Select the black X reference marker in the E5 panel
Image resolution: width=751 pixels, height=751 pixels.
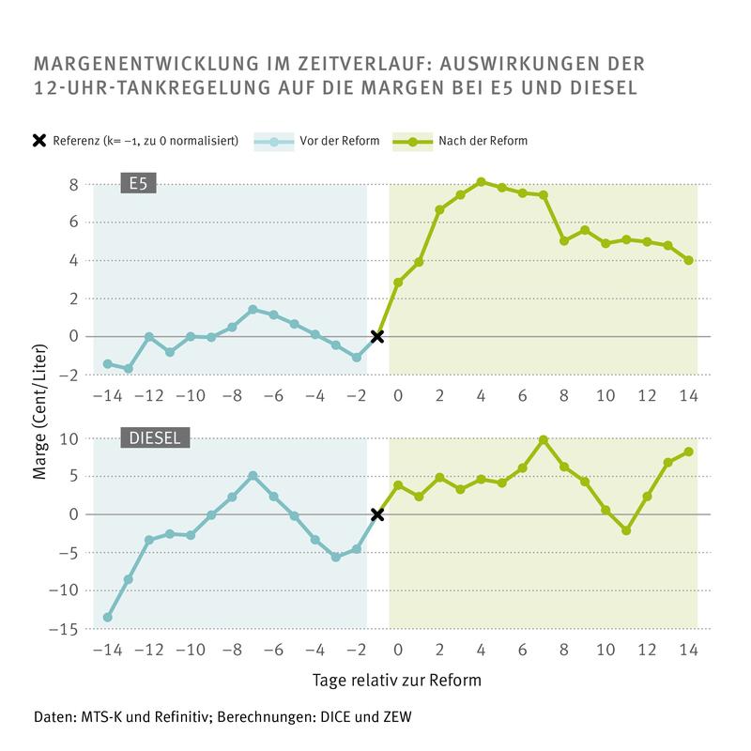coord(377,336)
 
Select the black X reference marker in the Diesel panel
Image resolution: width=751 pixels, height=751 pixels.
coord(377,514)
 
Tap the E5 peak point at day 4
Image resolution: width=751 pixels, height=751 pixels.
coord(481,182)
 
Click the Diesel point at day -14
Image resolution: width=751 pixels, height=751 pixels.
coord(107,617)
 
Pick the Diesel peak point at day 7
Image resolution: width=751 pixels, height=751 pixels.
coord(544,439)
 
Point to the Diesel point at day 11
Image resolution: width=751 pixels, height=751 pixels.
coord(626,530)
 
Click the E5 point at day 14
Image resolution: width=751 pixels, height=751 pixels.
coord(689,260)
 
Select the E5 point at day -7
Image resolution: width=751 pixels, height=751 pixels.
coord(253,309)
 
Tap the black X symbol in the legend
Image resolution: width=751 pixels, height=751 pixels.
coord(39,142)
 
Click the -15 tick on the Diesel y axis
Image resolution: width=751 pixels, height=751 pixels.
coord(66,629)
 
